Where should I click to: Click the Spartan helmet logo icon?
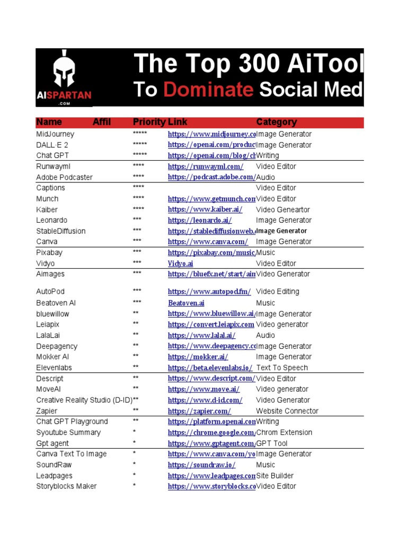pos(64,72)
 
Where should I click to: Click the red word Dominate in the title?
pos(208,90)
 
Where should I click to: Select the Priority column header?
pos(149,122)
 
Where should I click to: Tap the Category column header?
pos(276,122)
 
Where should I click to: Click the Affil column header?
pos(102,122)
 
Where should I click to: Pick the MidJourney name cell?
pos(55,134)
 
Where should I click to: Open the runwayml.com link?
pos(206,167)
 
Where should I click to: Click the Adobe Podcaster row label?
pos(64,177)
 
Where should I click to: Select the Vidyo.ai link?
pos(181,264)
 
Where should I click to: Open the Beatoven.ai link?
pos(186,303)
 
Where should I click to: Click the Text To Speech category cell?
pos(282,367)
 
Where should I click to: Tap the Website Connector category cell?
pos(287,411)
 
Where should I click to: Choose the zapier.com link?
pos(199,411)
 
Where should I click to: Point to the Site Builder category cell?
pos(275,476)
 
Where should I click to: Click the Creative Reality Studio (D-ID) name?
pos(84,400)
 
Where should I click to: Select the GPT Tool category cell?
pos(272,443)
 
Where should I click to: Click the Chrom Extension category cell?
pos(284,433)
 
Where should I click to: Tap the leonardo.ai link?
pos(200,221)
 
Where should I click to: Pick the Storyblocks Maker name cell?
pos(66,486)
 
